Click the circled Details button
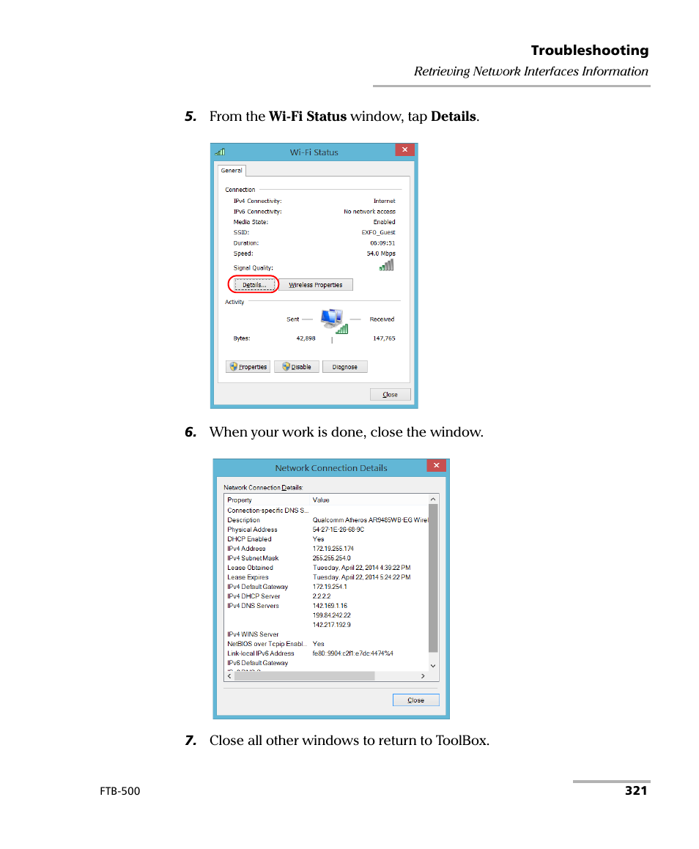coord(254,285)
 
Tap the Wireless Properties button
coord(316,285)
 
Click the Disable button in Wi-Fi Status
coord(297,367)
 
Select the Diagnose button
coord(344,367)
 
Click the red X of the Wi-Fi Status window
coord(404,149)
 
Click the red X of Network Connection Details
coord(436,465)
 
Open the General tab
coord(232,171)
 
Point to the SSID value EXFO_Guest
coord(378,232)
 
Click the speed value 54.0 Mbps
coord(380,253)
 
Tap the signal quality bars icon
coord(386,266)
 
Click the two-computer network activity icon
coord(332,319)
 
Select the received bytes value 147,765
coord(383,338)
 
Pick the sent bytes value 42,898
coord(306,338)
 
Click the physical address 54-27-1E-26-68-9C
coord(338,530)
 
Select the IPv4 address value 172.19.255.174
coord(333,549)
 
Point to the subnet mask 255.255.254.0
coord(331,558)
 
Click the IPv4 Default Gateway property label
coord(257,587)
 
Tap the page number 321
coord(636,790)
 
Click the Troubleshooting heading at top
coord(589,51)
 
